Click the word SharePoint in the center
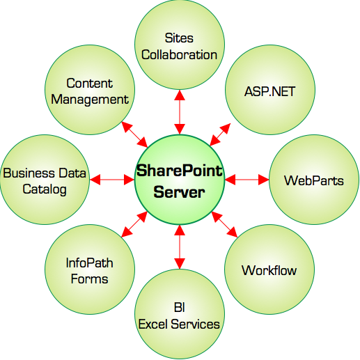180,171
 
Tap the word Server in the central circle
179,192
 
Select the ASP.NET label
269,91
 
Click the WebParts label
314,180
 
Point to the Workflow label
269,270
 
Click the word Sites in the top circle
179,38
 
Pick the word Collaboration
179,55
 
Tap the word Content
90,83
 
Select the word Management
90,100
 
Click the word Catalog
45,189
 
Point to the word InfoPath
90,263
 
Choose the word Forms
89,279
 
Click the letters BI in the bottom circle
180,307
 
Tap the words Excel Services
179,324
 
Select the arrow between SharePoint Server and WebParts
247,180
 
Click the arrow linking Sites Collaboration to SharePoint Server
180,112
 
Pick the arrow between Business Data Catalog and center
112,180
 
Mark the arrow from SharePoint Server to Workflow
224,224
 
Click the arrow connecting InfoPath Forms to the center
134,224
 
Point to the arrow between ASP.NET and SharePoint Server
220,134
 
